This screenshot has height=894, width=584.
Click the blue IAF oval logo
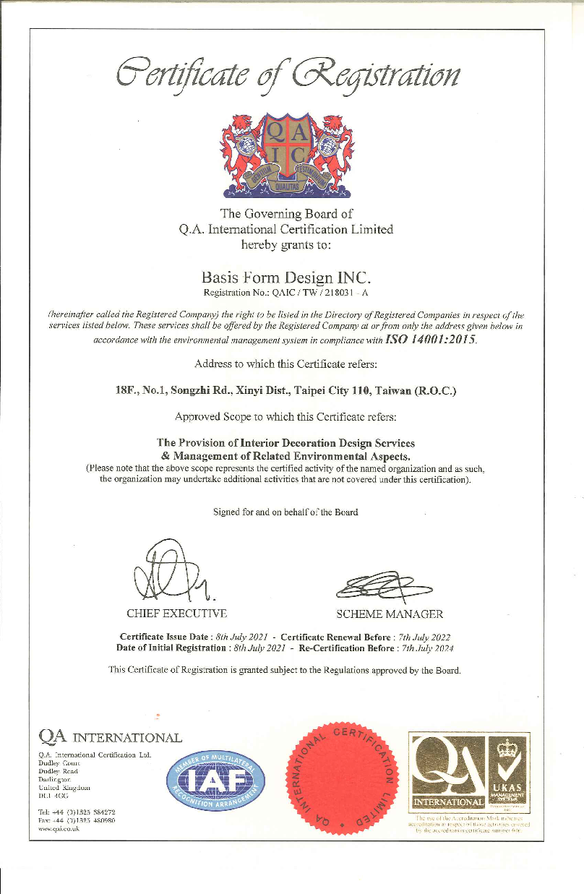tap(215, 779)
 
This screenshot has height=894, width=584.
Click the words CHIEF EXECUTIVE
tap(177, 614)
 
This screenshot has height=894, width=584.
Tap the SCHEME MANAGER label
tap(390, 614)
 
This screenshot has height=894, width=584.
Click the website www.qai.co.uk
tap(59, 830)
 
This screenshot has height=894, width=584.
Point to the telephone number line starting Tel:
tap(71, 812)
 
